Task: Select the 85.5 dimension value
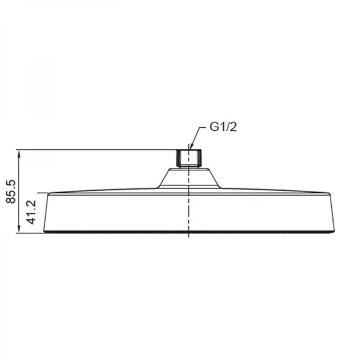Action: point(10,191)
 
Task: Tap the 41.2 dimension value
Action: point(32,212)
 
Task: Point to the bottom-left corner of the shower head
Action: point(45,231)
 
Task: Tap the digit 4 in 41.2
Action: point(32,221)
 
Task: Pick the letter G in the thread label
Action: point(213,127)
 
